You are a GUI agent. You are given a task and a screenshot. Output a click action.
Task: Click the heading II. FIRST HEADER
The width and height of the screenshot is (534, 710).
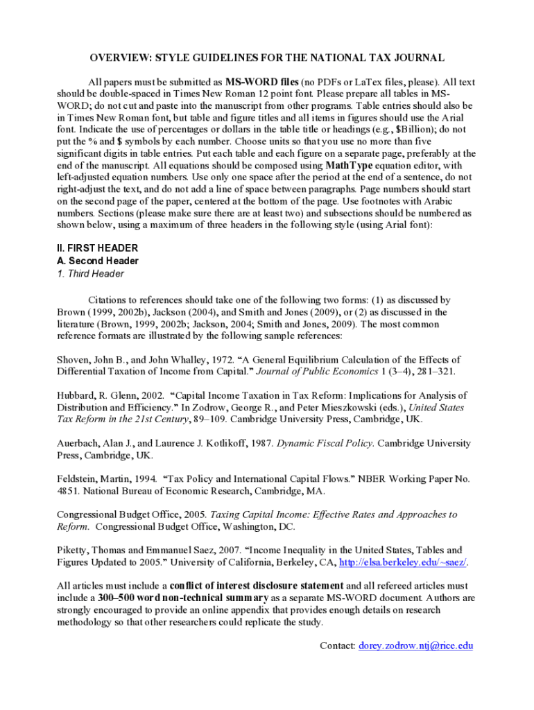point(97,248)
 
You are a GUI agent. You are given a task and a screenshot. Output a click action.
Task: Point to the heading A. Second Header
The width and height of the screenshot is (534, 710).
point(97,261)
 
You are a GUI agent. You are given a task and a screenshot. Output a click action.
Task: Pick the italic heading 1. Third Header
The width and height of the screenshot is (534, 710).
point(90,274)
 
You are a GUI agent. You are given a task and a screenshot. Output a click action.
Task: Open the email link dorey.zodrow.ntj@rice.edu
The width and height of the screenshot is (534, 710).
point(415,646)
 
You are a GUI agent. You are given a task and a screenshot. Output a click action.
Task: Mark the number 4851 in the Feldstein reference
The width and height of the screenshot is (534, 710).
point(67,491)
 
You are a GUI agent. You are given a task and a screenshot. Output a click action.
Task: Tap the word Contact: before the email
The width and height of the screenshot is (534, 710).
point(337,646)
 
